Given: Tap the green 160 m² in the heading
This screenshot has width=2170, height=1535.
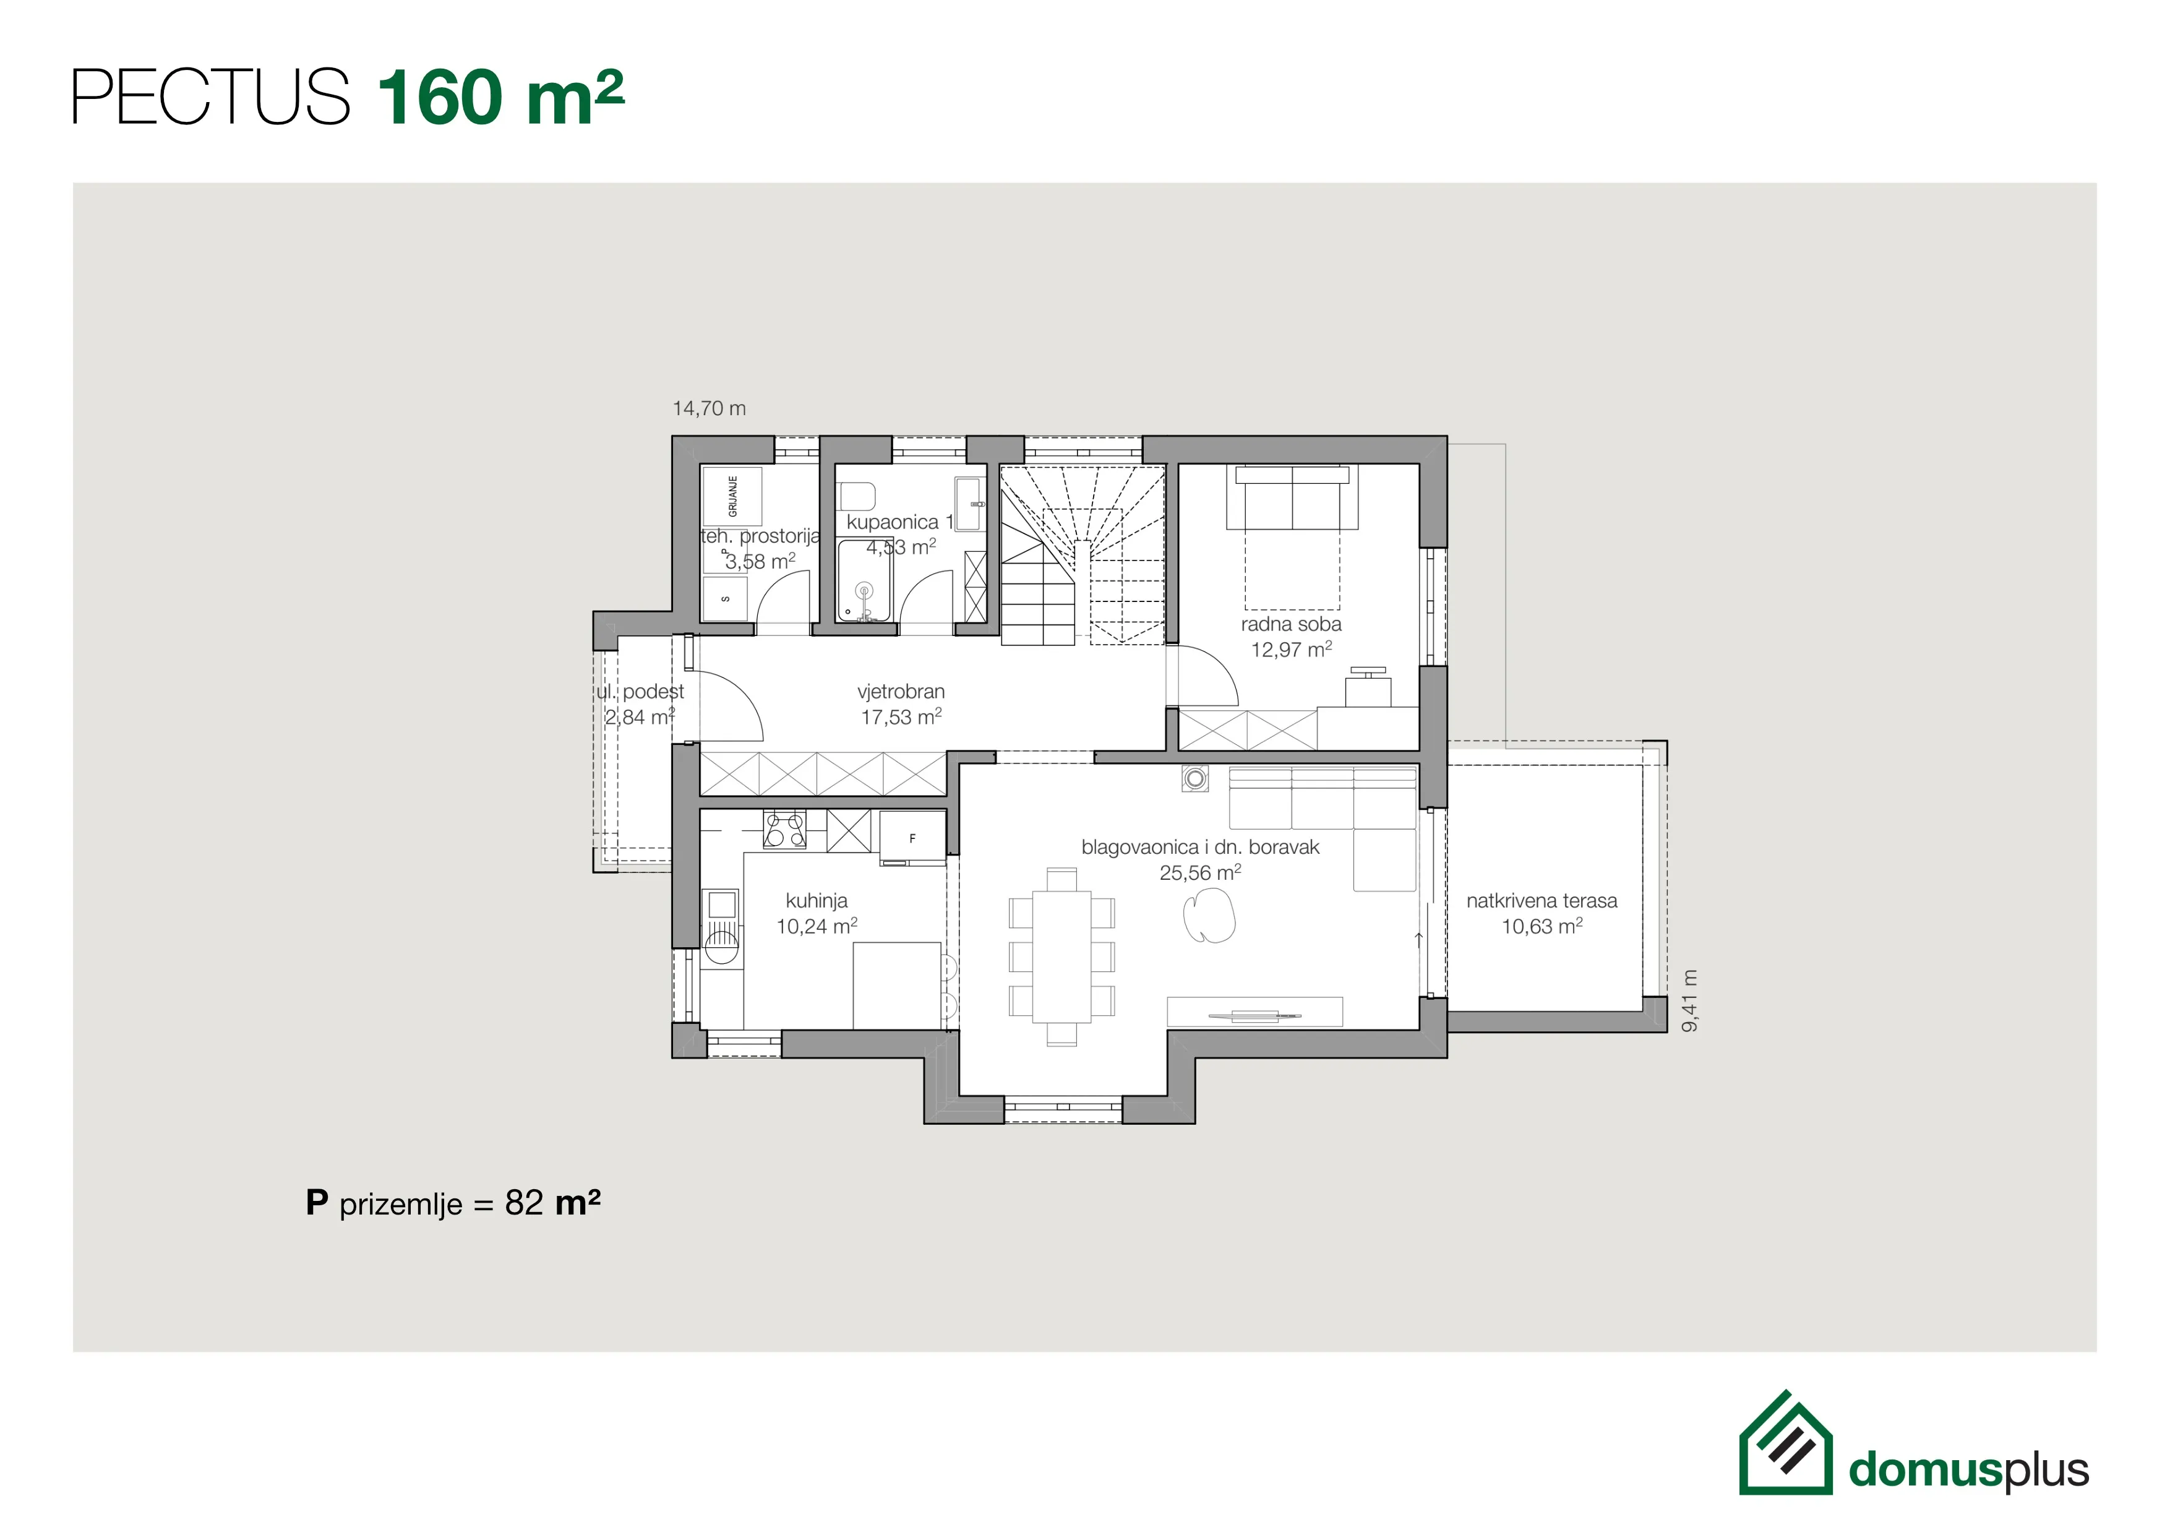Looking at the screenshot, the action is [x=500, y=97].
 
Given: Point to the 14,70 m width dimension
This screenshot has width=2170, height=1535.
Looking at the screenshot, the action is [x=709, y=408].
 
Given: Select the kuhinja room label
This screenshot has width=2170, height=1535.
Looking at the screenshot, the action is [x=817, y=901].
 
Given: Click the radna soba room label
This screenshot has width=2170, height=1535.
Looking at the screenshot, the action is [x=1291, y=624].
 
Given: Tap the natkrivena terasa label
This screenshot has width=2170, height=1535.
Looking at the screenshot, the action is [x=1542, y=901].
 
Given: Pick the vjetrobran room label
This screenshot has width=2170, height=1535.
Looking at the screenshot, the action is [x=901, y=691].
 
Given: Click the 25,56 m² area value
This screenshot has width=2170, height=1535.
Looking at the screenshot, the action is [x=1200, y=872].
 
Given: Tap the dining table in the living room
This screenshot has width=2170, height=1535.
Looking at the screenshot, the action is [x=1061, y=956].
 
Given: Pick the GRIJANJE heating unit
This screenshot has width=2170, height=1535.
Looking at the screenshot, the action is [x=732, y=496].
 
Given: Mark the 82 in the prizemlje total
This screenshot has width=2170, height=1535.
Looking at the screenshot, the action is [x=525, y=1203].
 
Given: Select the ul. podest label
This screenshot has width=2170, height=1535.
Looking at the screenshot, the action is [x=640, y=692].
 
